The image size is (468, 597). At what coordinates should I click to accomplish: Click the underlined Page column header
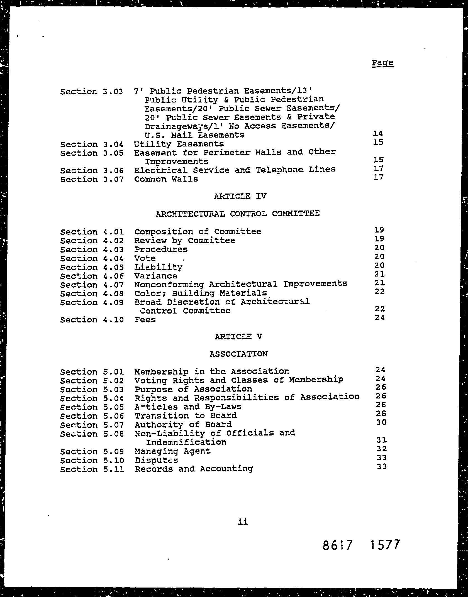point(382,63)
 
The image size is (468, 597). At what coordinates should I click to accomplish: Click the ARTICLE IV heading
point(240,196)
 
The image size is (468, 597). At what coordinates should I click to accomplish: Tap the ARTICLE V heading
point(238,336)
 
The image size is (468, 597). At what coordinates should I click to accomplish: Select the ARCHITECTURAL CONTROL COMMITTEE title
point(237,214)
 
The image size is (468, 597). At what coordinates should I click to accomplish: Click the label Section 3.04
point(92,144)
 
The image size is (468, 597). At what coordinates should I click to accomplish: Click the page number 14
point(378,134)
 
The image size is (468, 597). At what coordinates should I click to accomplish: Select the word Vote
point(145,258)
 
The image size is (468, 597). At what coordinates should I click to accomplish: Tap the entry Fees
point(145,319)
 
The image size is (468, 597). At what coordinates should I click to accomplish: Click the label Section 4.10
point(92,320)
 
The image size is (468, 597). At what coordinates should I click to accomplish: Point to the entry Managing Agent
point(172,451)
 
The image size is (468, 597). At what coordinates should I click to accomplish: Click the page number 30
point(381,422)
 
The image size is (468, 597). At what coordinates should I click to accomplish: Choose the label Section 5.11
point(92,469)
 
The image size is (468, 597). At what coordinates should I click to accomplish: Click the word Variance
point(155,276)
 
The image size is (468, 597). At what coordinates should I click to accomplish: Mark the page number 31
point(381,440)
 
